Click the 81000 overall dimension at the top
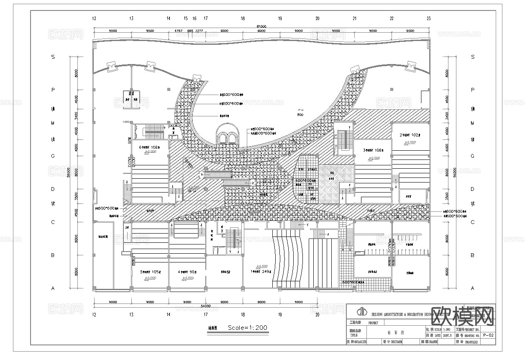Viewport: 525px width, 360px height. (x=261, y=26)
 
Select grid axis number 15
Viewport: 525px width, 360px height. (x=186, y=18)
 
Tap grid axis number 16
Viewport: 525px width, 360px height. (x=195, y=18)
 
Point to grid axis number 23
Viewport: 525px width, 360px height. (x=428, y=18)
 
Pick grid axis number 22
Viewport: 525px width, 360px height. (x=392, y=18)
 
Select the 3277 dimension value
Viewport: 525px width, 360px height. (x=199, y=31)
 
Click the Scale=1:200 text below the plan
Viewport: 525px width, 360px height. (x=247, y=327)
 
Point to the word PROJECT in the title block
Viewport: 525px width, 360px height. (x=373, y=323)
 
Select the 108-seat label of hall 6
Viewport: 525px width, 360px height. (x=150, y=147)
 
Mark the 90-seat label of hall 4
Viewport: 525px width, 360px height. (x=187, y=271)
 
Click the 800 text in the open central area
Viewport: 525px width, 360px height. (x=300, y=114)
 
